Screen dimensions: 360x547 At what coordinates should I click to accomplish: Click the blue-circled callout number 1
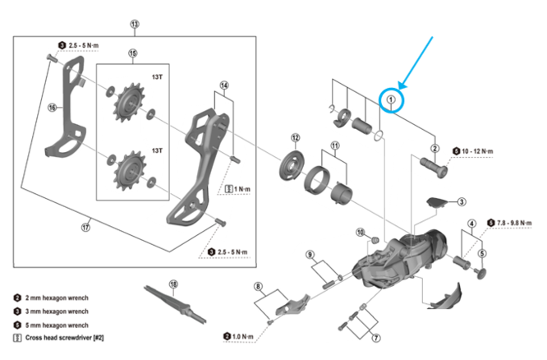tap(392, 100)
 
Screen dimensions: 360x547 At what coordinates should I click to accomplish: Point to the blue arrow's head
tap(401, 86)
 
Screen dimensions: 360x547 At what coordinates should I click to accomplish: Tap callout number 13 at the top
tap(135, 25)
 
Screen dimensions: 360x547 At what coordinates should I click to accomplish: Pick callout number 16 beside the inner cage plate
tap(52, 107)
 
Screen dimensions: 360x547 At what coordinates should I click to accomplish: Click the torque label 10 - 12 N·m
tap(480, 150)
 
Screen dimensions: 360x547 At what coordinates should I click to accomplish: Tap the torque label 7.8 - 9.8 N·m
tap(516, 222)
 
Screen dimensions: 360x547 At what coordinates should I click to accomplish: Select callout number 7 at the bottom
tap(376, 338)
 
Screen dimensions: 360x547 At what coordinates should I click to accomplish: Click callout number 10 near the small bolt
tap(360, 233)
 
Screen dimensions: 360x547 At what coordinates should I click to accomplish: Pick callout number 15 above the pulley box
tap(132, 53)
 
